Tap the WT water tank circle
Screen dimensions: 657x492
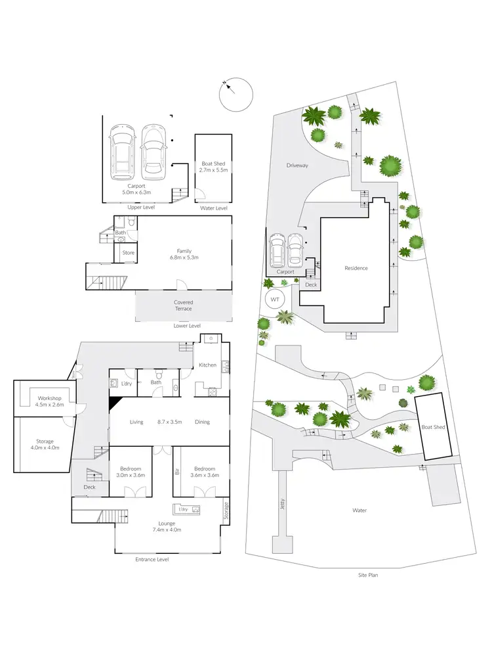(x=274, y=300)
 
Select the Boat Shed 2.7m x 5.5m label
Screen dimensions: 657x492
(x=213, y=168)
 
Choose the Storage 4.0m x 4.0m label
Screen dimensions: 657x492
(x=45, y=445)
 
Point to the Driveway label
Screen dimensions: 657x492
(x=297, y=166)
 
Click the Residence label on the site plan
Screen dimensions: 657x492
(x=356, y=268)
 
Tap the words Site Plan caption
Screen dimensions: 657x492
(x=368, y=575)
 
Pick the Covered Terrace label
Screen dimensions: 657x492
(x=183, y=306)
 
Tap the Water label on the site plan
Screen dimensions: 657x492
(x=359, y=510)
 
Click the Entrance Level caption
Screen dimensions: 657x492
(x=152, y=559)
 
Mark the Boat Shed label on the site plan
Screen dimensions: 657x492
(x=434, y=427)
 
